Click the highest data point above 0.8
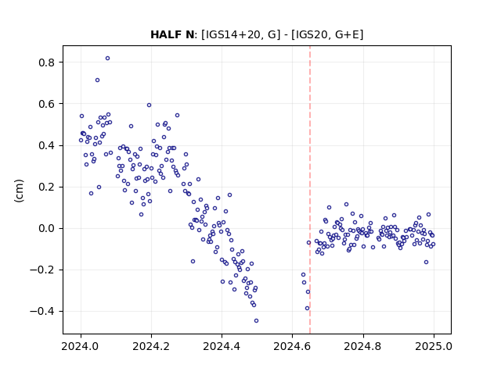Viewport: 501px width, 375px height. pos(108,58)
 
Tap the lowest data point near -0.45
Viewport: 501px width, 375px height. pos(256,320)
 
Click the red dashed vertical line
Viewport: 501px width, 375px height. pos(310,190)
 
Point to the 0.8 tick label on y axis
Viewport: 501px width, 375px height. pos(46,62)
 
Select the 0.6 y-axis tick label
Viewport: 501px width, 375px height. pos(46,104)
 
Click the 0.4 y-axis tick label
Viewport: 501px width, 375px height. pos(46,146)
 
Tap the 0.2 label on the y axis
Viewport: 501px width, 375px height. pos(46,187)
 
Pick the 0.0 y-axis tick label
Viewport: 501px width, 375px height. pos(46,229)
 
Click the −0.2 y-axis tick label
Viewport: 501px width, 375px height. pos(42,270)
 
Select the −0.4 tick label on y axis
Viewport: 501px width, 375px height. pos(42,312)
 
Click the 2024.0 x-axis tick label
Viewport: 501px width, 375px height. pos(81,346)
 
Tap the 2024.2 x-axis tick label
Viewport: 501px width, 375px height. pos(151,346)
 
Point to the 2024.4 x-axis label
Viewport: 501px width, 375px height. pos(222,346)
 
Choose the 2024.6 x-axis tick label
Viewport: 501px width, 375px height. pos(292,346)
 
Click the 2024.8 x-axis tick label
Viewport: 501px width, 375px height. pos(363,346)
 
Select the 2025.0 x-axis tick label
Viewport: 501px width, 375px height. pos(434,346)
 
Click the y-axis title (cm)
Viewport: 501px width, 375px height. pos(19,191)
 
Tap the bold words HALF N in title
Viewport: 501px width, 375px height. pos(172,34)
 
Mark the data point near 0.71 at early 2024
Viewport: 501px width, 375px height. pos(97,80)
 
